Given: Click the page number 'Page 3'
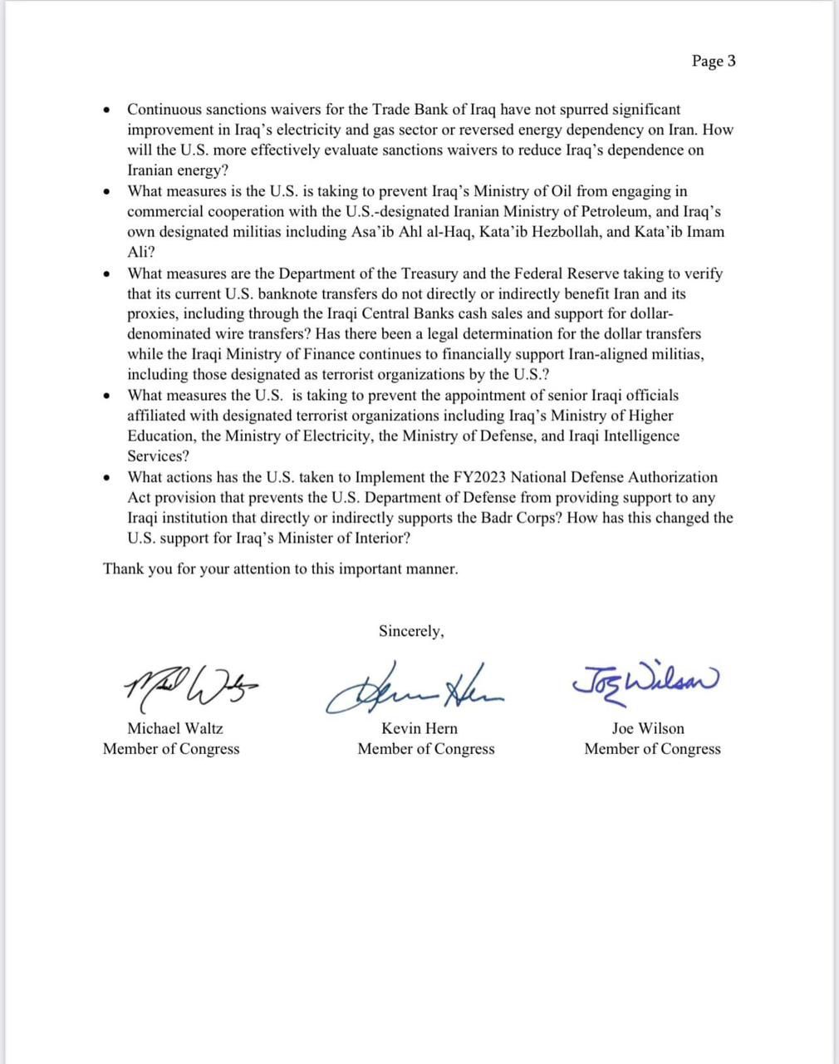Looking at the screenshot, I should point(713,62).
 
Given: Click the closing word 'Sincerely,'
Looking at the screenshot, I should point(411,631).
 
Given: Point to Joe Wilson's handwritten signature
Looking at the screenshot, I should point(645,680).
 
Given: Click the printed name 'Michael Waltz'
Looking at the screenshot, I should point(174,728).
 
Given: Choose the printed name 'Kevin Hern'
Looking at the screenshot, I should point(419,728).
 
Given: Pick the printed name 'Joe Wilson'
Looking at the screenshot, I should point(648,728).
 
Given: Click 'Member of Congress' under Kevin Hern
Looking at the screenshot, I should point(425,749).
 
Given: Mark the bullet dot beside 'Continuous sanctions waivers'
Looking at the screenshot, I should point(106,111).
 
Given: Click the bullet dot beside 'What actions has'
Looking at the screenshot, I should point(106,478).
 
